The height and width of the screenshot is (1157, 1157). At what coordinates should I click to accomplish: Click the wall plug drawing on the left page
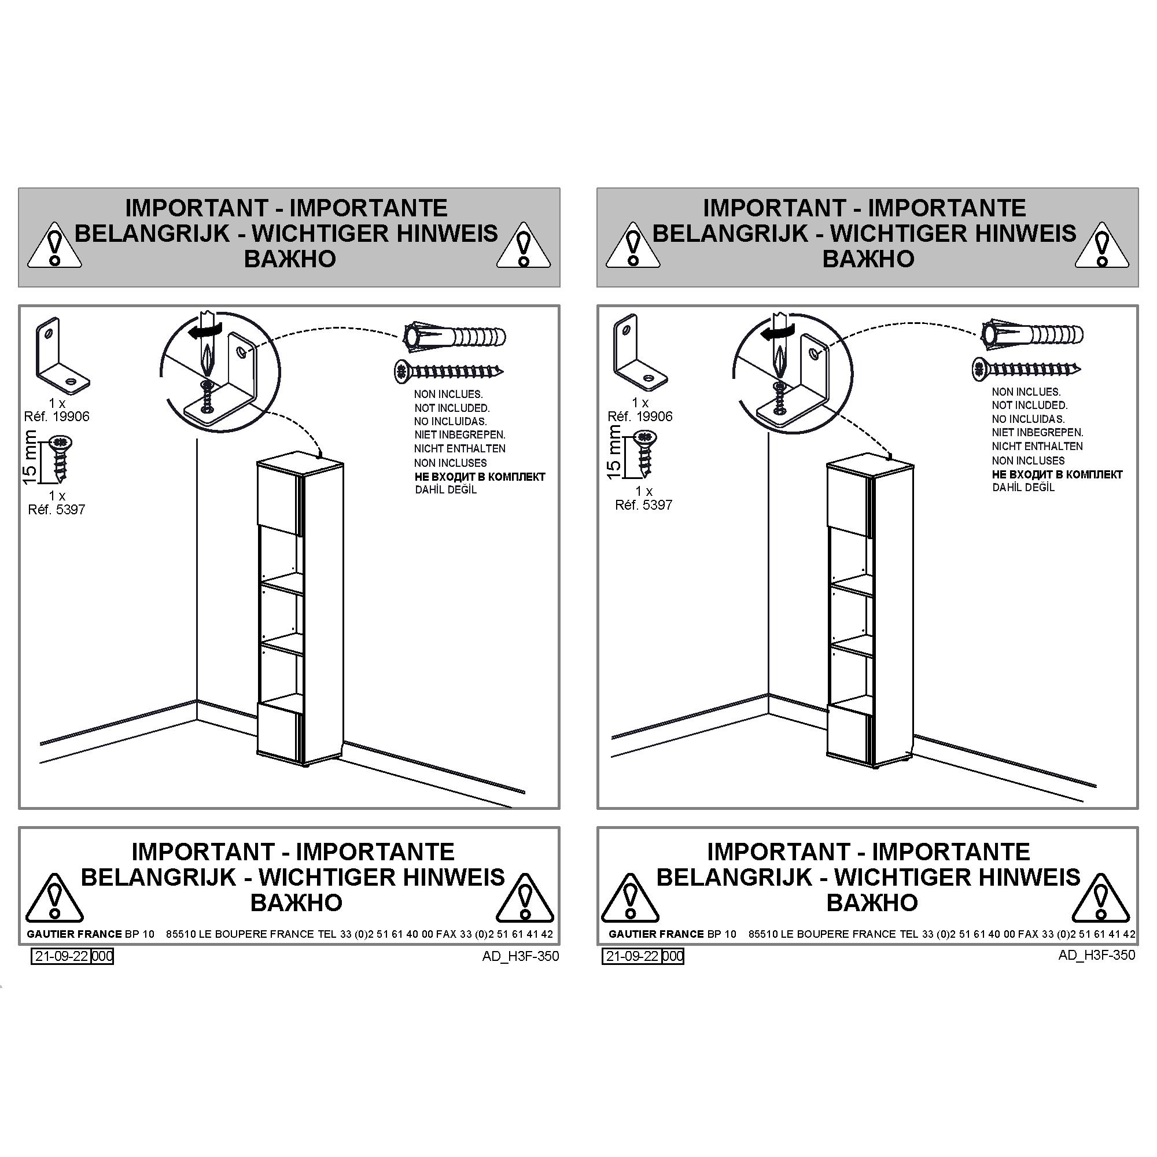pyautogui.click(x=455, y=337)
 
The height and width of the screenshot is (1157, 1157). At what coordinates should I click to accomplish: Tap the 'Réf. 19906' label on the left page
pyautogui.click(x=57, y=416)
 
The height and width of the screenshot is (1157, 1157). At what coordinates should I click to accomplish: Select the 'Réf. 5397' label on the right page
pyautogui.click(x=644, y=505)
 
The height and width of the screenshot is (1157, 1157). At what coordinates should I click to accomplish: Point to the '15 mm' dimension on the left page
pyautogui.click(x=30, y=457)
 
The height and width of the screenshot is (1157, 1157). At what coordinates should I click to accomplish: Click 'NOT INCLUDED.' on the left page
pyautogui.click(x=452, y=408)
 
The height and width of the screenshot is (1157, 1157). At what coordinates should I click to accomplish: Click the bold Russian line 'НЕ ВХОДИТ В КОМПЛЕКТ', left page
pyautogui.click(x=480, y=477)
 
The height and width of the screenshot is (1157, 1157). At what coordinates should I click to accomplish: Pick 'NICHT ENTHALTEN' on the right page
pyautogui.click(x=1037, y=446)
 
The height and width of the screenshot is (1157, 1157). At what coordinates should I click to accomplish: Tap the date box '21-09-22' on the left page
pyautogui.click(x=62, y=956)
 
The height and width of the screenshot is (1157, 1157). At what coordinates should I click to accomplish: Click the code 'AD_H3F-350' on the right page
pyautogui.click(x=1096, y=955)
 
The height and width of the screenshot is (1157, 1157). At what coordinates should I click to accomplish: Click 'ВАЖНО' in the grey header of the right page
pyautogui.click(x=868, y=259)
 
